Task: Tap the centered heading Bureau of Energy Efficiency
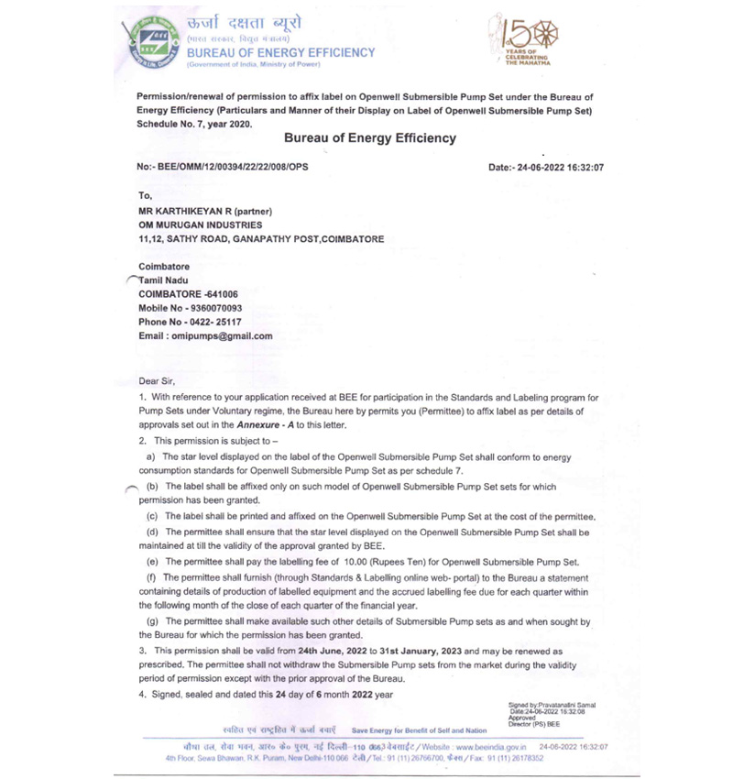pyautogui.click(x=369, y=138)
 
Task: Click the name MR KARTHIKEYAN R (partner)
pyautogui.click(x=198, y=210)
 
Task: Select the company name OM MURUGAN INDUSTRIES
pyautogui.click(x=200, y=225)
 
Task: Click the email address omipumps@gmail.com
pyautogui.click(x=221, y=336)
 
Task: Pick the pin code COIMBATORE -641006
pyautogui.click(x=188, y=294)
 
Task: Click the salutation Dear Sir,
pyautogui.click(x=156, y=380)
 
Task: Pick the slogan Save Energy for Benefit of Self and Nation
pyautogui.click(x=420, y=730)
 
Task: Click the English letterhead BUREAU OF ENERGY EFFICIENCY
pyautogui.click(x=280, y=52)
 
